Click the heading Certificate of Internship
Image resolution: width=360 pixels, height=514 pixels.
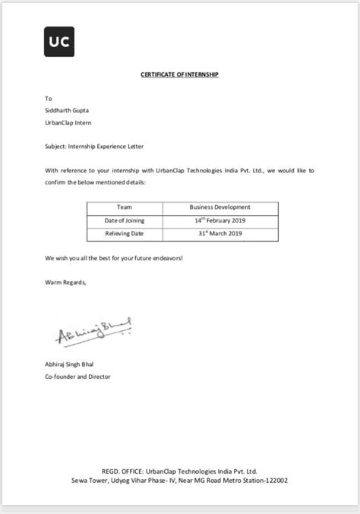[179, 76]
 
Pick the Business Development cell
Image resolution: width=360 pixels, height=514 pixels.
[219, 207]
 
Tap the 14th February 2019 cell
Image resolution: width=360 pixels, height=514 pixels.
[219, 219]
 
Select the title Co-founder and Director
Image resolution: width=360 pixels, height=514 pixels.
[78, 377]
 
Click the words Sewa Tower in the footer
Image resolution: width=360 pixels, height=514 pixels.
[90, 481]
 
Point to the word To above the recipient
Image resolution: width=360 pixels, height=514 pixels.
[49, 99]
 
